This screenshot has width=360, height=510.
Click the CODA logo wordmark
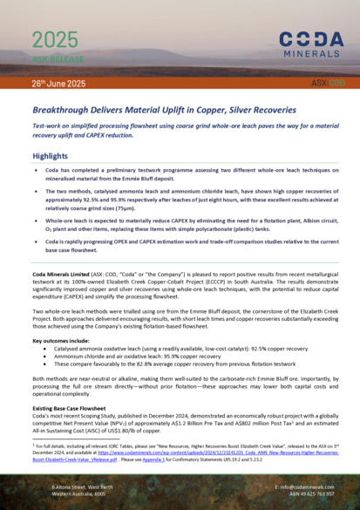310,38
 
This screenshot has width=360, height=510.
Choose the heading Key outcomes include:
64,316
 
